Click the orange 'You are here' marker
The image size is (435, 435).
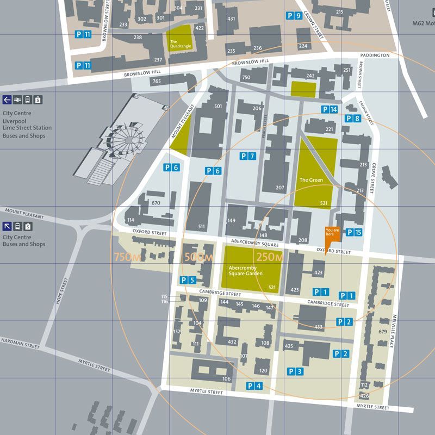click(x=332, y=232)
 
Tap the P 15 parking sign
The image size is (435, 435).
click(x=354, y=233)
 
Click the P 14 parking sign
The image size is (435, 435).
click(x=330, y=109)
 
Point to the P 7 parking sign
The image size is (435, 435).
click(x=247, y=157)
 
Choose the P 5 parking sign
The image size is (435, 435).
click(x=188, y=280)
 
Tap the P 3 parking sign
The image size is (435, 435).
click(x=295, y=371)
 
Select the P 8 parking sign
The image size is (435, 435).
click(x=353, y=119)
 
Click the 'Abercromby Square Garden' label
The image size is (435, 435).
click(x=246, y=270)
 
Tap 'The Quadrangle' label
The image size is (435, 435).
click(x=178, y=44)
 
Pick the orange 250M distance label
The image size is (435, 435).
click(x=270, y=257)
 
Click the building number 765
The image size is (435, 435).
click(x=157, y=82)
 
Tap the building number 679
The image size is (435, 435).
click(x=382, y=331)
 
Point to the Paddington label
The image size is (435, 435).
click(x=375, y=55)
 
